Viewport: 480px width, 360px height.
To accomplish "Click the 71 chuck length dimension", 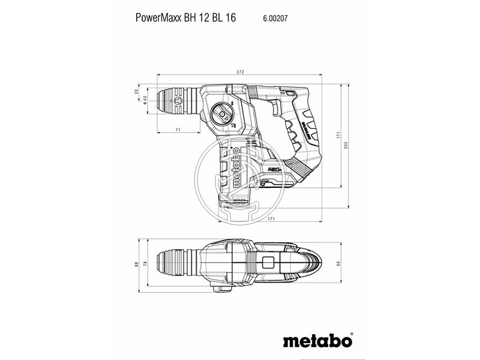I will tap(178, 130).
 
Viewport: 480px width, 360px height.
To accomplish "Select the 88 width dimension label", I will tap(136, 263).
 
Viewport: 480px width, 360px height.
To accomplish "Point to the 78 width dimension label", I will tap(145, 263).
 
